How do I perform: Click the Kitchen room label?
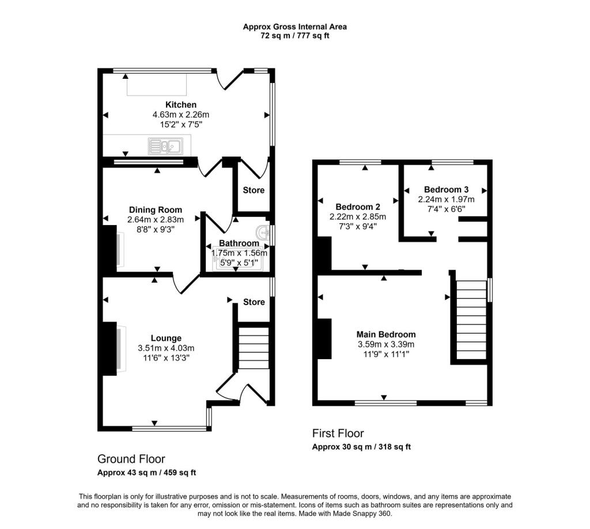point(181,105)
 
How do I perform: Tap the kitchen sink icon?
point(165,146)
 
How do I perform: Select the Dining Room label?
point(155,210)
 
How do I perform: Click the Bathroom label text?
point(239,243)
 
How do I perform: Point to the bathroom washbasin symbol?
point(264,233)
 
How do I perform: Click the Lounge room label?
point(166,338)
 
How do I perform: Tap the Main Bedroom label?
point(385,334)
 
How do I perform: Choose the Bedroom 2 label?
point(358,207)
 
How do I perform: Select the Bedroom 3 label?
point(446,189)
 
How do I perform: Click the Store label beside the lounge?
point(254,302)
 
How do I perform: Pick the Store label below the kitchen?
point(254,191)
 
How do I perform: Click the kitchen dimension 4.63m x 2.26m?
point(181,115)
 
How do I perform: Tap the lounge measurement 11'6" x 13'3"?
point(166,357)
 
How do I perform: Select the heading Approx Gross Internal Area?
point(294,26)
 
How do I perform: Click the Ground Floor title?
point(131,459)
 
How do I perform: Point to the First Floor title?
point(338,433)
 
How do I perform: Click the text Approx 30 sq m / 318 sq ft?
point(361,447)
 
